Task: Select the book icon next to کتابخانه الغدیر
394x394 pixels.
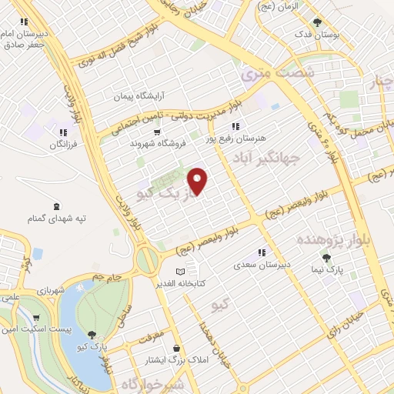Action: click(x=181, y=272)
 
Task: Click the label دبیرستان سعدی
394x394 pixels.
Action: click(x=262, y=264)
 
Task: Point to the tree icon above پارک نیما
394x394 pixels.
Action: click(x=328, y=257)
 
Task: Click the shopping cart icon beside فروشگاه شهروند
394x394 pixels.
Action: click(x=157, y=132)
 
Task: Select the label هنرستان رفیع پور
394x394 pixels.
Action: click(x=235, y=139)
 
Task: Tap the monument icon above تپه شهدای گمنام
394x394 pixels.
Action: click(x=55, y=205)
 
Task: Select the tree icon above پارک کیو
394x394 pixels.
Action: click(x=92, y=334)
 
